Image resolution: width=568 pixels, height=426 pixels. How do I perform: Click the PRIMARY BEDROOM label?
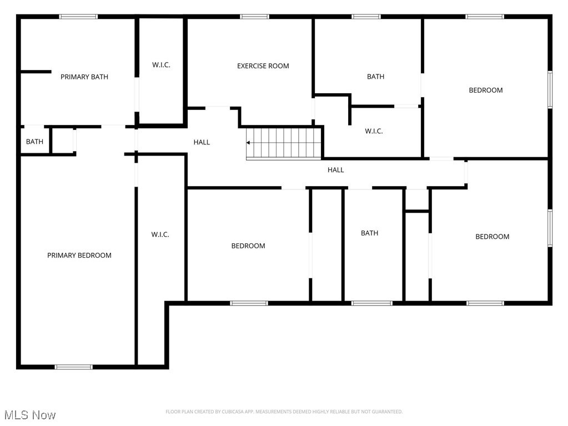(79, 255)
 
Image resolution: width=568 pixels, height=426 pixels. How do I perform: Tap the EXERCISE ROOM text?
(263, 66)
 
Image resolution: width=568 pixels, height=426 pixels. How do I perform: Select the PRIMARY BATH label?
(84, 77)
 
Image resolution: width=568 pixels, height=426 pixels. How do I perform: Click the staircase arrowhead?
(249, 143)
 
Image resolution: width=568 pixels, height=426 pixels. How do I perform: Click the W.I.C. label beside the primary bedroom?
(160, 234)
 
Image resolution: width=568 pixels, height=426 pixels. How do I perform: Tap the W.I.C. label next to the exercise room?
(161, 65)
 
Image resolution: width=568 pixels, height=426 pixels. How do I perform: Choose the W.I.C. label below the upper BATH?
(374, 132)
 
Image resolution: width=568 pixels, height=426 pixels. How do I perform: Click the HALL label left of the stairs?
(202, 142)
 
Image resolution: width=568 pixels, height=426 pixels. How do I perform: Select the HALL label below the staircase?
(335, 170)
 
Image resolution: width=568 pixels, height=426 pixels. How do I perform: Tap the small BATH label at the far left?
(34, 142)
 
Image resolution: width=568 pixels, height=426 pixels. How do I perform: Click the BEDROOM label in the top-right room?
(485, 90)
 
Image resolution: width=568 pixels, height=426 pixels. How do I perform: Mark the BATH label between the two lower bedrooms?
(369, 233)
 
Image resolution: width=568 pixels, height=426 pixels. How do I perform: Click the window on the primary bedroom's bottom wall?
(73, 367)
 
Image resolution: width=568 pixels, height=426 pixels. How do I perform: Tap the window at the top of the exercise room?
(254, 17)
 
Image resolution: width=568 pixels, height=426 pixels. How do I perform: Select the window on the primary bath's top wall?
(78, 17)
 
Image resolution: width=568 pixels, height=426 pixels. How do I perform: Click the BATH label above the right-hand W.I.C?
(375, 77)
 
